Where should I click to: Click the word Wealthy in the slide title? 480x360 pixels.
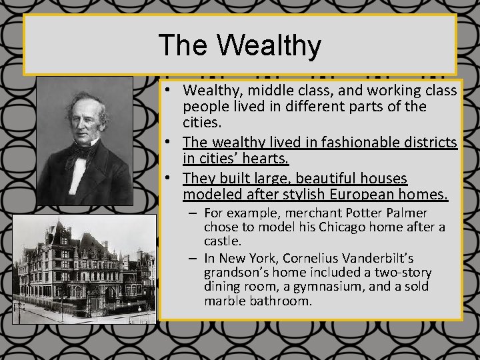point(269,45)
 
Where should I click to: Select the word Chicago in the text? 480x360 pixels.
point(345,228)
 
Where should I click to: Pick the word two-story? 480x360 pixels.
point(403,272)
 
